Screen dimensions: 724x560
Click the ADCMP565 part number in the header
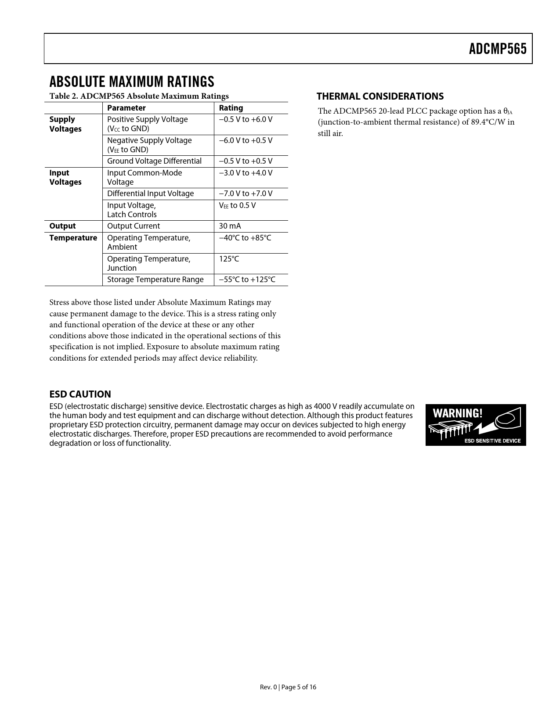tap(497, 49)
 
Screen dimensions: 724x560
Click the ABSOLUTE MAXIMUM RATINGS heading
tap(132, 82)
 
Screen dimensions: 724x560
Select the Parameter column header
tap(126, 108)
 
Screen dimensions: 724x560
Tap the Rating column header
tap(231, 108)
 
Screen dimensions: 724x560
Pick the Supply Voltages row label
tap(65, 124)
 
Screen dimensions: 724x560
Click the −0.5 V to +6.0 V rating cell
tap(246, 119)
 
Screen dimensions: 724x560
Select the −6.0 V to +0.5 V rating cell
tap(246, 140)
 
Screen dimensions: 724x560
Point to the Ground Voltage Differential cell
tap(154, 161)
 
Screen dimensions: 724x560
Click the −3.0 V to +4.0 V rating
tap(246, 173)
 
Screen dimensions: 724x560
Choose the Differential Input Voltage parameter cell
tap(150, 194)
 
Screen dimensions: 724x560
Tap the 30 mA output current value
tap(230, 226)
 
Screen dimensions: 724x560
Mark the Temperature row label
tap(73, 238)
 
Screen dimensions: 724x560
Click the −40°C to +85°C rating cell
tap(245, 238)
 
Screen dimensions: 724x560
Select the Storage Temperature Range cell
tap(155, 280)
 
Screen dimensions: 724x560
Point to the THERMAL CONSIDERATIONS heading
tap(380, 96)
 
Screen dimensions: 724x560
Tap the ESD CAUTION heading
tap(80, 394)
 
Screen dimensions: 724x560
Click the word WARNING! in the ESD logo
tap(457, 413)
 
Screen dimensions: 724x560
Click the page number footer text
tap(288, 687)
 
